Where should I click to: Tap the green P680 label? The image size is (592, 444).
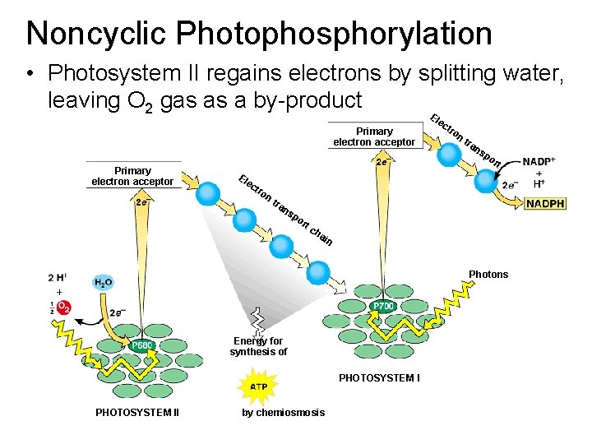click(142, 346)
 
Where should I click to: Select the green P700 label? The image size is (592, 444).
click(384, 306)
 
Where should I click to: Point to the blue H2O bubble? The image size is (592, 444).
click(104, 283)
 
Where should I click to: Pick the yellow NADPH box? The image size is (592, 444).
click(546, 203)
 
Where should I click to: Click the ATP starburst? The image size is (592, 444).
click(258, 386)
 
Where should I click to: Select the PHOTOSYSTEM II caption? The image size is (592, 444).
click(137, 412)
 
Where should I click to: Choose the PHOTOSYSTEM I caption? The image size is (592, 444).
click(379, 378)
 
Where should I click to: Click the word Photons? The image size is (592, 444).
click(488, 275)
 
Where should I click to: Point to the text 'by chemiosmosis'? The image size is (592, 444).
click(283, 412)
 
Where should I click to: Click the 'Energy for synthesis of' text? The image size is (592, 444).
click(258, 346)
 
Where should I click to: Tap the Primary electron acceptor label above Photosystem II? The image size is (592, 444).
click(132, 176)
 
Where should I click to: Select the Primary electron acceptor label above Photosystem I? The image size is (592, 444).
click(374, 136)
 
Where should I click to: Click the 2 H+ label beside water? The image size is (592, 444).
click(57, 277)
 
